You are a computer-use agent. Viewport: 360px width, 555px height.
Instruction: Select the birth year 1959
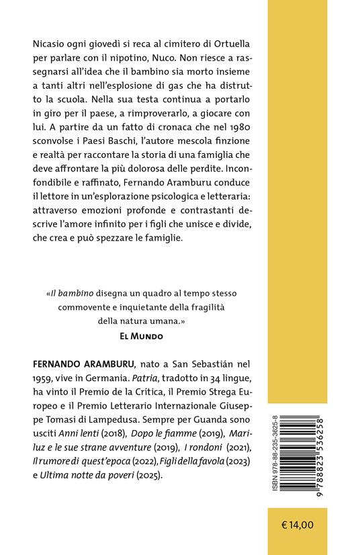44,378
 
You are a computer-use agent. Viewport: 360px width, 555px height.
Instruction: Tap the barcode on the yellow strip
320,443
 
